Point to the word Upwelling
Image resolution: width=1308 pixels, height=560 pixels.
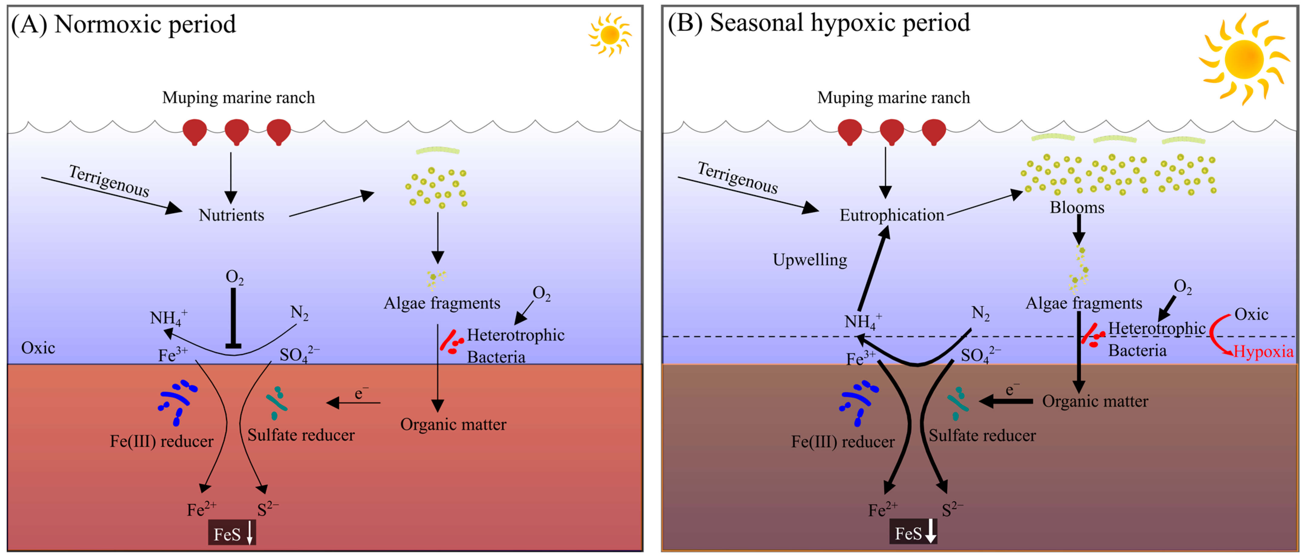coord(809,260)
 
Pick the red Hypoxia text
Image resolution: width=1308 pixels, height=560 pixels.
coord(1263,351)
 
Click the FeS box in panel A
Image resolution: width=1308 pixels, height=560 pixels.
coord(232,534)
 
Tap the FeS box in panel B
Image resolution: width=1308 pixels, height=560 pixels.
coord(912,533)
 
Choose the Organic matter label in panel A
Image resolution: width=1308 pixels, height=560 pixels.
coord(453,424)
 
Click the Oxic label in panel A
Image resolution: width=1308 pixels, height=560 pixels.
coord(38,348)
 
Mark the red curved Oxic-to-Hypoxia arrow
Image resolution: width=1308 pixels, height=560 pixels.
coord(1216,335)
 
